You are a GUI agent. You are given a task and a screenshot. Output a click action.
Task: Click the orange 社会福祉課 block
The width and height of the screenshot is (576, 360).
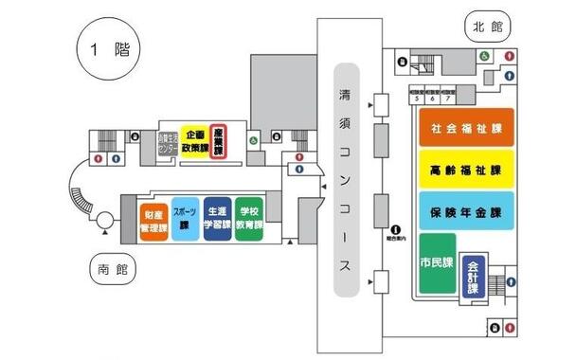tap(466, 126)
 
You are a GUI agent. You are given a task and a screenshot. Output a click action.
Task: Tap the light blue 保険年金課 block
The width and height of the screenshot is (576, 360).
tap(466, 212)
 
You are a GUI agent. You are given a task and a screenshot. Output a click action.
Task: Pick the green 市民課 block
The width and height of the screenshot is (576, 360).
tap(436, 262)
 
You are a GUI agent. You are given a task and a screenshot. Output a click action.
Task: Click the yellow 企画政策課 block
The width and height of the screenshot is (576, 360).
tap(194, 144)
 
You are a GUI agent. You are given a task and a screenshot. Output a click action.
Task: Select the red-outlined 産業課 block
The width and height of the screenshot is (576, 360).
tap(219, 144)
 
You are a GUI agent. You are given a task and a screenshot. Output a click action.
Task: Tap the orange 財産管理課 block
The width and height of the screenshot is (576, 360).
tap(153, 222)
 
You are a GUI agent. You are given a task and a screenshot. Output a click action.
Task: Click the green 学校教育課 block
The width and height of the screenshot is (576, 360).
tap(250, 222)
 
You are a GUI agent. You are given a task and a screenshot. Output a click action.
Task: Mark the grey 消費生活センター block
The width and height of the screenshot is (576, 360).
tap(168, 145)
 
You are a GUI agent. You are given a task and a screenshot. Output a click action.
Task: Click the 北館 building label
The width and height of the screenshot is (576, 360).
tap(486, 27)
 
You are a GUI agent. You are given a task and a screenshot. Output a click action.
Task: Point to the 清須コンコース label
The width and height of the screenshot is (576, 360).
tap(347, 180)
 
